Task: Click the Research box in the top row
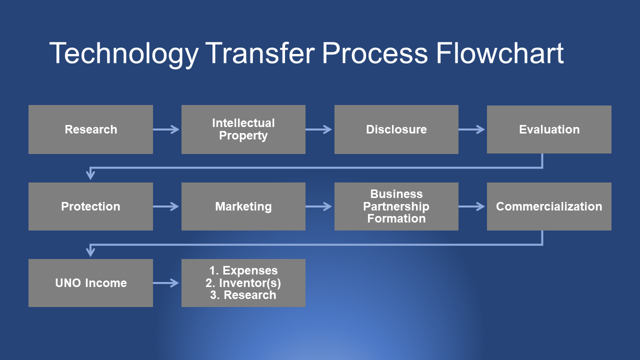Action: [x=90, y=129]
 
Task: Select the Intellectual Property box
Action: [x=243, y=129]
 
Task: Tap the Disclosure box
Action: [x=396, y=129]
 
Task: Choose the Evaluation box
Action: [x=549, y=129]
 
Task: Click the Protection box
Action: [x=90, y=206]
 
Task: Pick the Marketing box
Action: [x=243, y=206]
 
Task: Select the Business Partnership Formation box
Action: [x=396, y=206]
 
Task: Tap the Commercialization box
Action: [x=549, y=206]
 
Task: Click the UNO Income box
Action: [x=90, y=283]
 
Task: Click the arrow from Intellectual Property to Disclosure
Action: [x=319, y=129]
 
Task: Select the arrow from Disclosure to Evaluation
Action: [x=471, y=129]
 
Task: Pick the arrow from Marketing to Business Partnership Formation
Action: [x=319, y=206]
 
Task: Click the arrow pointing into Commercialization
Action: [x=471, y=206]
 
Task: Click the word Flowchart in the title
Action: [x=499, y=53]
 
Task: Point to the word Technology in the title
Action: [x=124, y=54]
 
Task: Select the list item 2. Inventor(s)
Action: [x=243, y=283]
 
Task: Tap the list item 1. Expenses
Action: [x=243, y=270]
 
